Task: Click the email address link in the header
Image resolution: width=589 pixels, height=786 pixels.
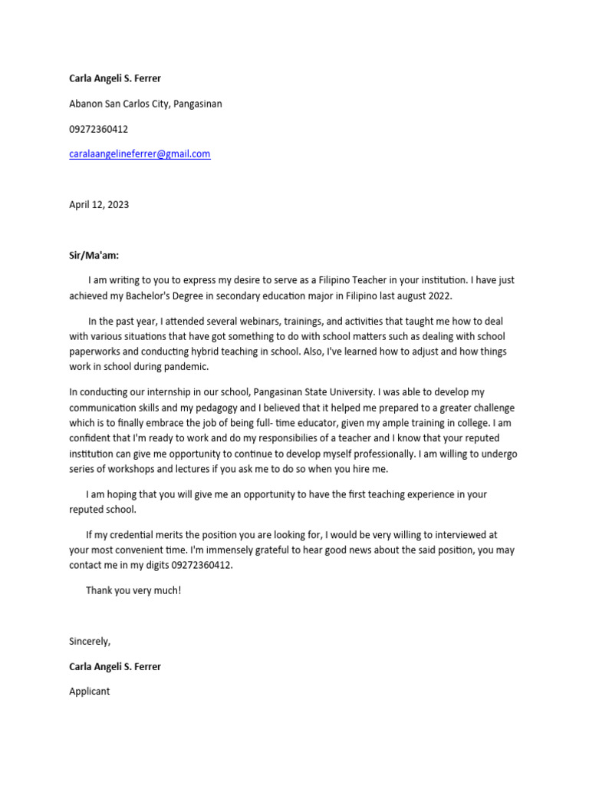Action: (x=140, y=154)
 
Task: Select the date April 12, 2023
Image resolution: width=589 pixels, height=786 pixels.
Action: (x=99, y=204)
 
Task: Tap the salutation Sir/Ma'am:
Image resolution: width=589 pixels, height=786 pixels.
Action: (x=94, y=255)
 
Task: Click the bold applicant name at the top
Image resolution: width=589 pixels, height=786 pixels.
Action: (x=115, y=78)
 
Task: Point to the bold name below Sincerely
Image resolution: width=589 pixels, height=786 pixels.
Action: (x=115, y=666)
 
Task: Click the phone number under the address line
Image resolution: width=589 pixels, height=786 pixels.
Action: (x=99, y=129)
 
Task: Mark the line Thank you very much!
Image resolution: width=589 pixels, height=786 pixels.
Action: (x=133, y=590)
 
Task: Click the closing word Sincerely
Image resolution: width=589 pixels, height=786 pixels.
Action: (x=90, y=641)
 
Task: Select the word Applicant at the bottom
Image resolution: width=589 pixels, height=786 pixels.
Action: (x=90, y=691)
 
